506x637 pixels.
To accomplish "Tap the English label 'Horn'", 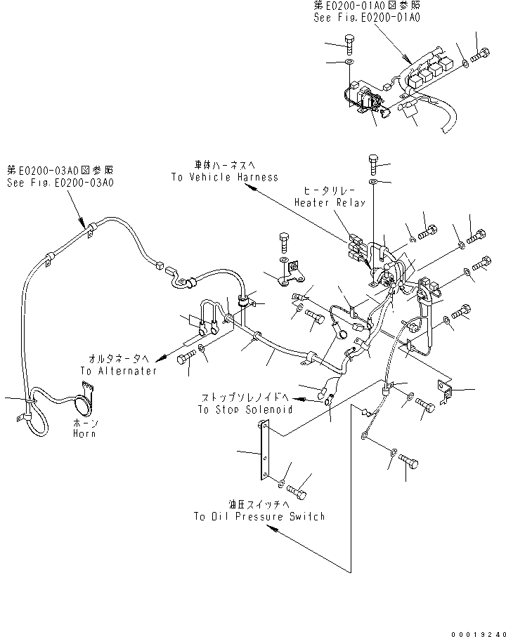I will point(84,434).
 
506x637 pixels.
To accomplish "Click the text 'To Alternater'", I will point(118,371).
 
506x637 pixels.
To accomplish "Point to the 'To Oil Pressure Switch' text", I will point(259,516).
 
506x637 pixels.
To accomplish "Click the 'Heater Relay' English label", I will point(330,202).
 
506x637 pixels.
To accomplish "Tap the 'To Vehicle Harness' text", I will point(224,178).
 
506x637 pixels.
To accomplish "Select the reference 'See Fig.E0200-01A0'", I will point(366,17).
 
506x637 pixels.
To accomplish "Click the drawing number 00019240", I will point(475,631).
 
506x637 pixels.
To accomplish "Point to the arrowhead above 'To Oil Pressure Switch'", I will point(271,532).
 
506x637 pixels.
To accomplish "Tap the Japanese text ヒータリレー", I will point(329,191).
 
